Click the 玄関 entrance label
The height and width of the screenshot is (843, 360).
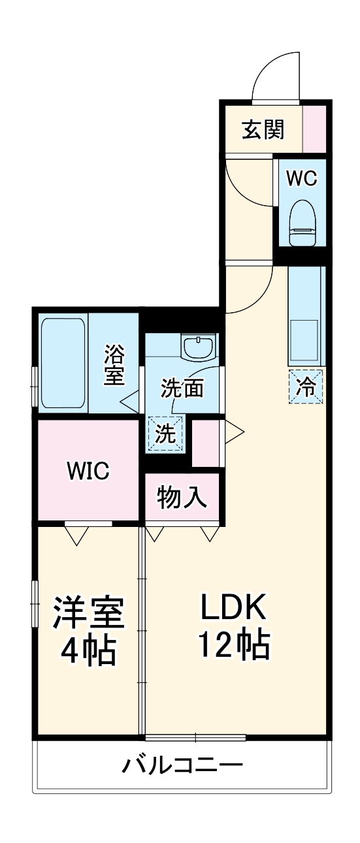click(263, 131)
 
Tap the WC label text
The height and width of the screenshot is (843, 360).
click(302, 178)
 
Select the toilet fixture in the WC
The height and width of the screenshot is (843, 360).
click(302, 222)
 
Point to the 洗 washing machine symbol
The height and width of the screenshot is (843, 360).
click(167, 434)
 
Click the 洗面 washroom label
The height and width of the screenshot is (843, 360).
click(183, 389)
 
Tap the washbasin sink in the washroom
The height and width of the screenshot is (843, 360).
click(198, 347)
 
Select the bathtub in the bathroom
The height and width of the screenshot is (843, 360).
click(63, 363)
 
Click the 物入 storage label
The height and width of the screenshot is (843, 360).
click(183, 498)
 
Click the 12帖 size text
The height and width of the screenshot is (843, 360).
click(233, 646)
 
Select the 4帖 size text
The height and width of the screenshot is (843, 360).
click(88, 649)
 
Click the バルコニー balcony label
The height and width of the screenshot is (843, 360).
click(182, 764)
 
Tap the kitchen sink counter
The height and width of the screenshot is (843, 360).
click(305, 317)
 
